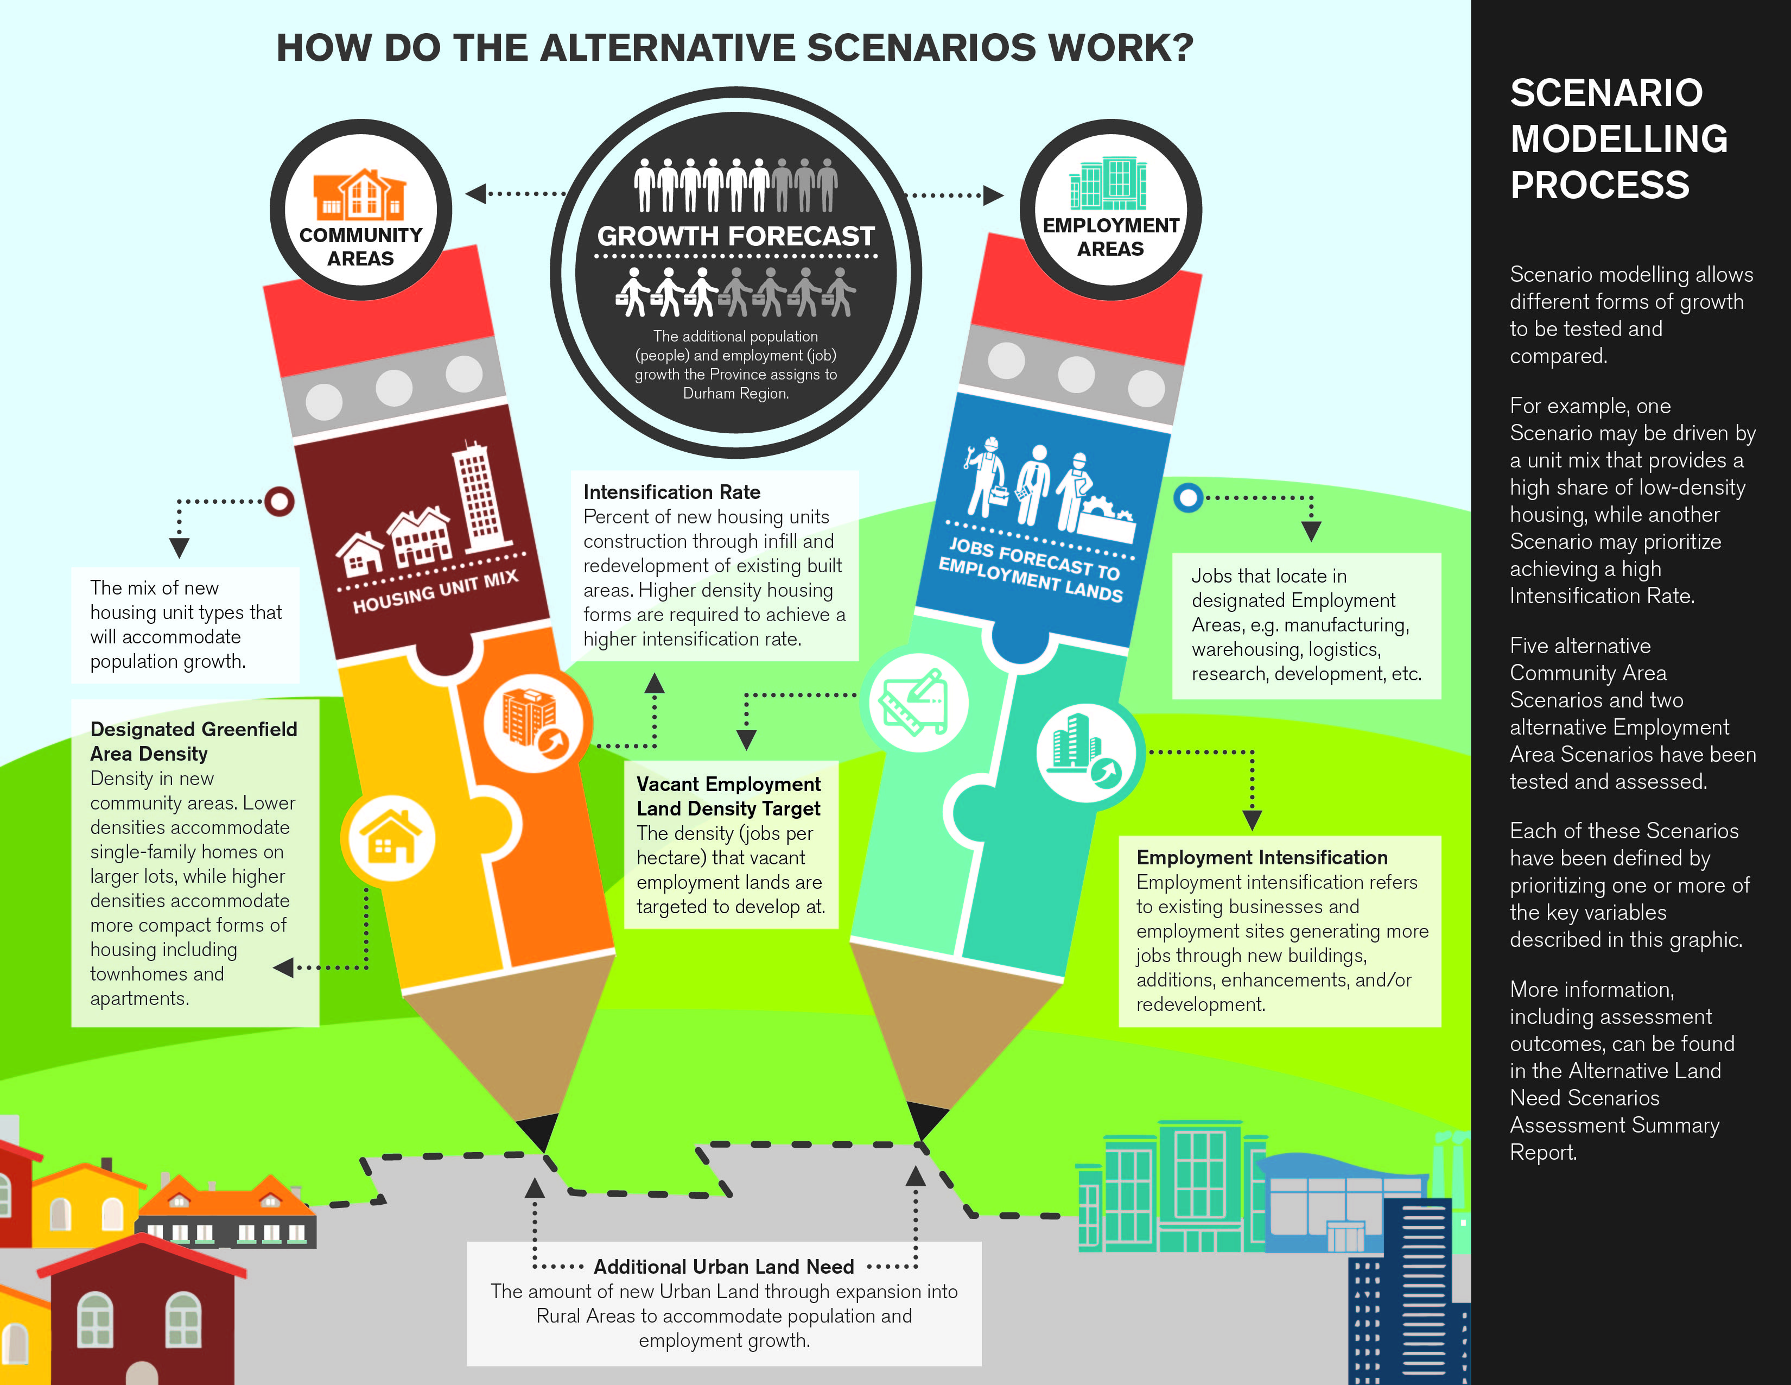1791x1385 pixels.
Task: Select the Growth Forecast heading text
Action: pyautogui.click(x=735, y=236)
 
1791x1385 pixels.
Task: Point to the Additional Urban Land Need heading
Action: pyautogui.click(x=724, y=1266)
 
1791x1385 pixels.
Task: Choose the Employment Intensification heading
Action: pyautogui.click(x=1262, y=857)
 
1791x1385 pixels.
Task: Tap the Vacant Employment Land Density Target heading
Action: pyautogui.click(x=728, y=796)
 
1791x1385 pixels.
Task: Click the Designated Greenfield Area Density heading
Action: pyautogui.click(x=194, y=741)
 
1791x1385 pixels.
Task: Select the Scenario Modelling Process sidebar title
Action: pyautogui.click(x=1619, y=138)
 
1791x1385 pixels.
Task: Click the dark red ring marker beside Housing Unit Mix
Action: pyautogui.click(x=279, y=501)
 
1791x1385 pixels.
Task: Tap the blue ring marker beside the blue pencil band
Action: pyautogui.click(x=1187, y=497)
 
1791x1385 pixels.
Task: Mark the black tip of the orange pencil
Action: pyautogui.click(x=539, y=1133)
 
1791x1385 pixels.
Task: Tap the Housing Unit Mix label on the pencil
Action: pyautogui.click(x=435, y=592)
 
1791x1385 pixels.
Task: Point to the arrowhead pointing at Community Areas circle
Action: pyautogui.click(x=475, y=194)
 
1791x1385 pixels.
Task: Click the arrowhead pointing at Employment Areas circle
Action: pyautogui.click(x=993, y=195)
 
